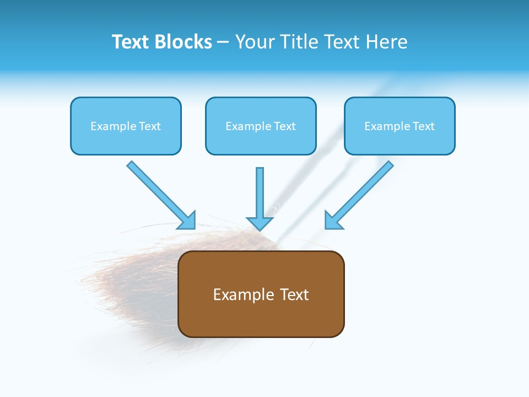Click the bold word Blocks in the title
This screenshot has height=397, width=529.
click(x=183, y=42)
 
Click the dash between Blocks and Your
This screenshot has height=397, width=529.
click(x=223, y=42)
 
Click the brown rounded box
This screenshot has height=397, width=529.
click(x=261, y=320)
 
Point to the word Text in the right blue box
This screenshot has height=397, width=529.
click(x=423, y=126)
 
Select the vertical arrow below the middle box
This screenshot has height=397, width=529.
click(x=260, y=193)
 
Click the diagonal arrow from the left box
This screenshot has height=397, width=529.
click(x=160, y=194)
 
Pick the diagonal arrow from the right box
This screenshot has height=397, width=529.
click(x=361, y=194)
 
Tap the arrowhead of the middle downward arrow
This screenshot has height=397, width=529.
click(x=260, y=223)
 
